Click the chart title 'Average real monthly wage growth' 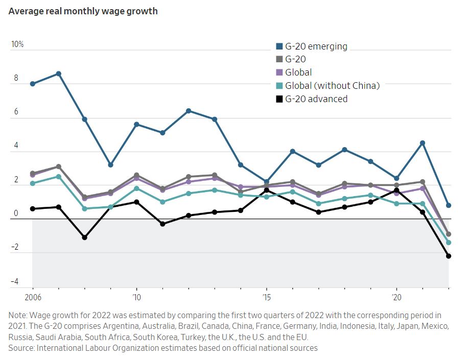coord(83,11)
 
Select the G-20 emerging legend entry coord(316,46)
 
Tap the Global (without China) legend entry coord(332,86)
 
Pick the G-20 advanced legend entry coord(316,99)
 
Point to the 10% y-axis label coord(17,44)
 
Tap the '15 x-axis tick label coord(266,297)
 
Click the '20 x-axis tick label coord(395,297)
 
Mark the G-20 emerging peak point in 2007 coord(59,74)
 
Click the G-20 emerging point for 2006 coord(33,84)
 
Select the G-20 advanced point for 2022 coord(449,256)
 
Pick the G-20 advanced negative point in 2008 coord(85,237)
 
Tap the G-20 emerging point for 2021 coord(423,143)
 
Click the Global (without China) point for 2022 coord(449,243)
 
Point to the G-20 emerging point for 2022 coord(449,205)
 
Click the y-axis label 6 coord(16,112)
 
